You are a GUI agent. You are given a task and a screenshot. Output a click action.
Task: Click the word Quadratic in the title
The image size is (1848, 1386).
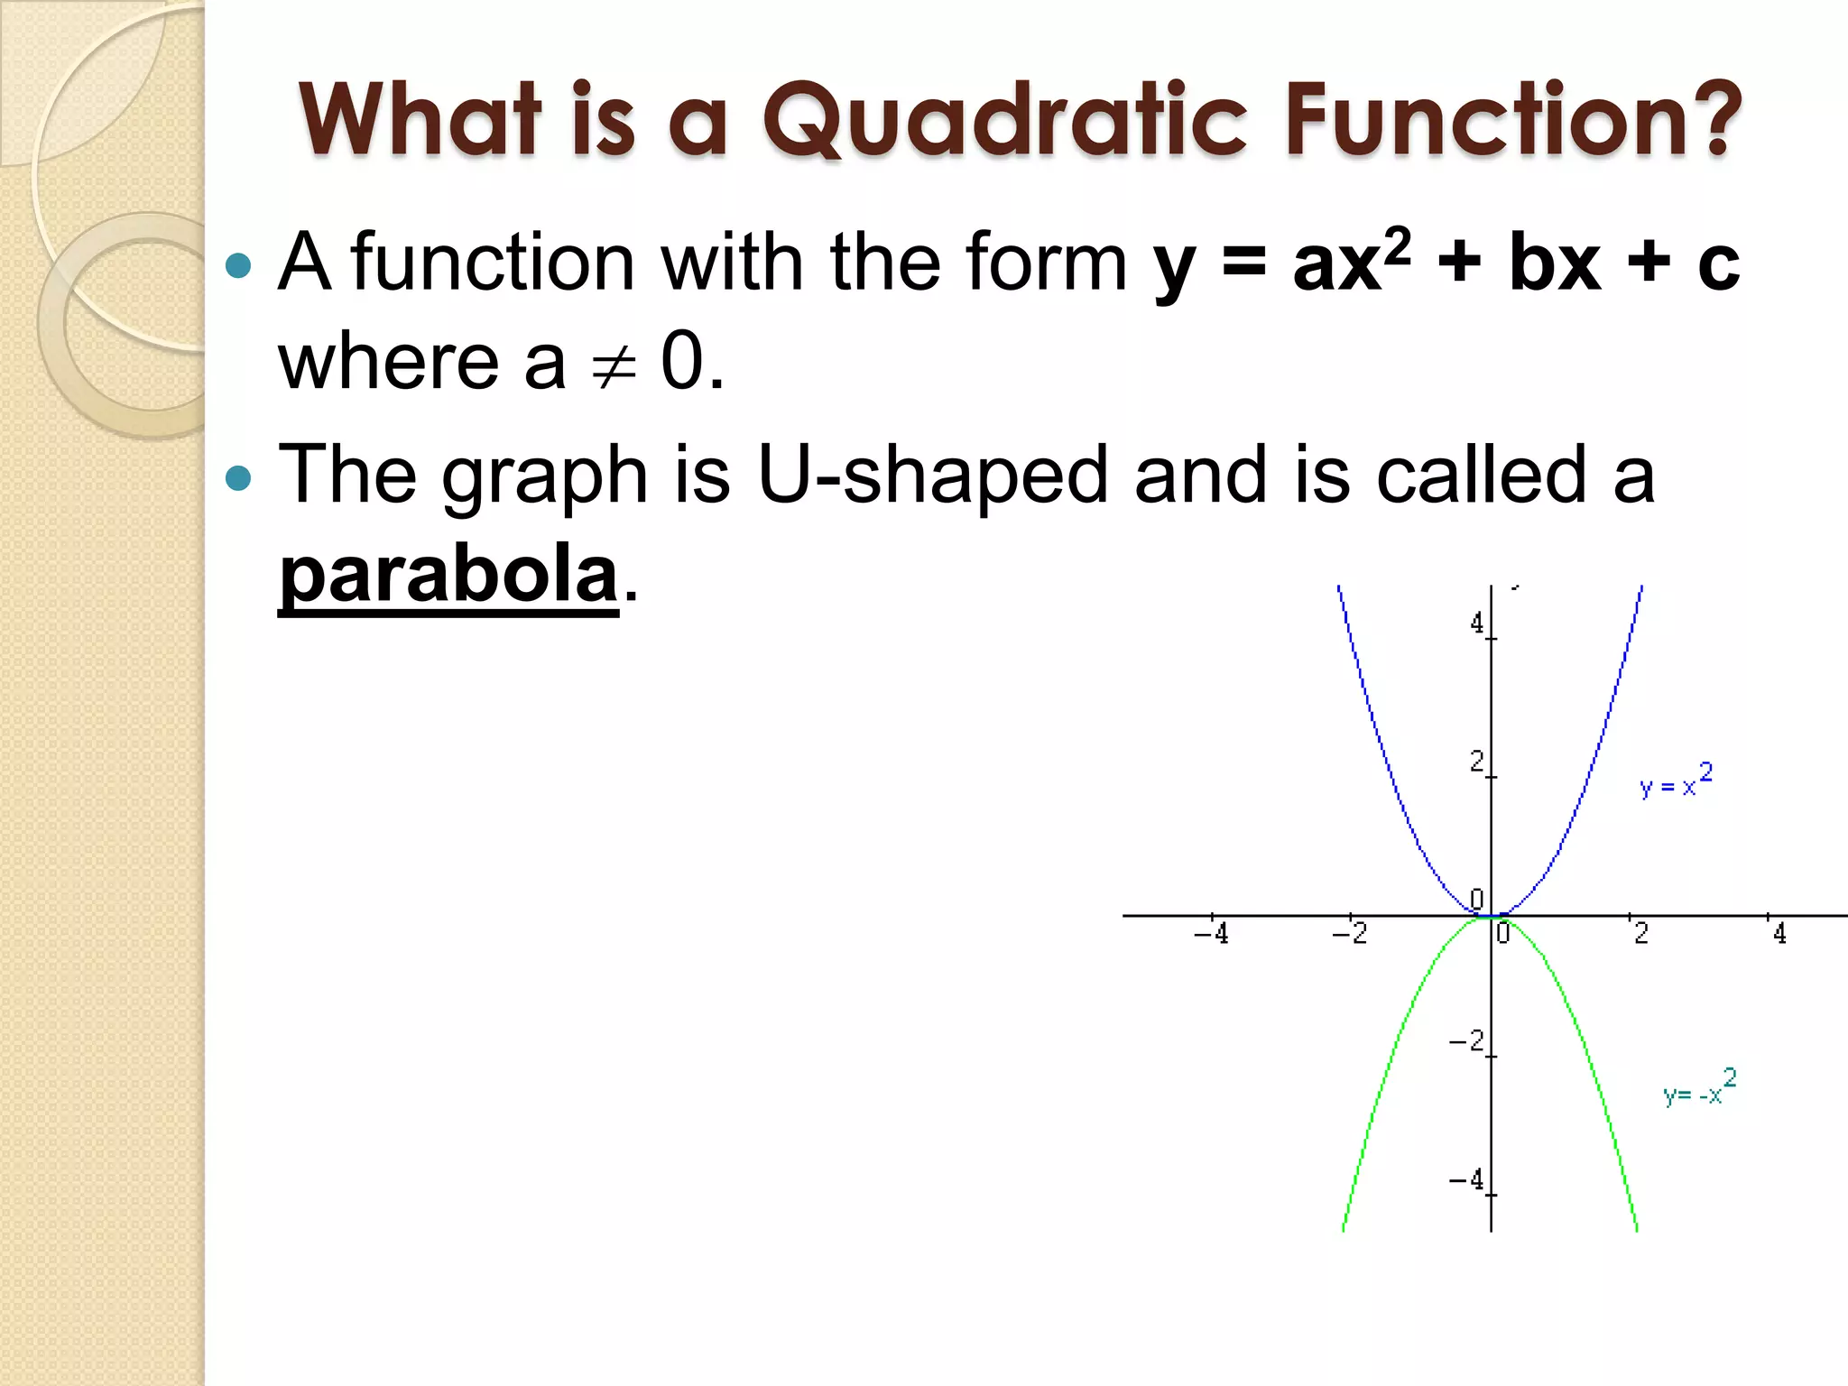pyautogui.click(x=1005, y=121)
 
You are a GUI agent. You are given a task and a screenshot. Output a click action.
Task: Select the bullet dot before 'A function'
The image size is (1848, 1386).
pyautogui.click(x=238, y=264)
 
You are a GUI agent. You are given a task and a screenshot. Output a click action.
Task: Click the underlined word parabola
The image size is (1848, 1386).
pyautogui.click(x=448, y=575)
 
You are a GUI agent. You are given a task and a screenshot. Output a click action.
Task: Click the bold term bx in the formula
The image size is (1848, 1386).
pyautogui.click(x=1555, y=263)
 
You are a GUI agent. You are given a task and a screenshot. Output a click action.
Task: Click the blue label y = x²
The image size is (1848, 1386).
pyautogui.click(x=1676, y=781)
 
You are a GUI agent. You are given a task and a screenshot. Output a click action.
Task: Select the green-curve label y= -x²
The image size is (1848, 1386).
pyautogui.click(x=1699, y=1088)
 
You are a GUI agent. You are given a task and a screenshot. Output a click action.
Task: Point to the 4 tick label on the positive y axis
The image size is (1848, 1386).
pyautogui.click(x=1476, y=623)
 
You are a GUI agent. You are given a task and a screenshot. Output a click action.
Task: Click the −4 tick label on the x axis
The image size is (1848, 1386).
pyautogui.click(x=1211, y=933)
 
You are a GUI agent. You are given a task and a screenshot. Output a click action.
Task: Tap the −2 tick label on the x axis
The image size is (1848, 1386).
pyautogui.click(x=1350, y=933)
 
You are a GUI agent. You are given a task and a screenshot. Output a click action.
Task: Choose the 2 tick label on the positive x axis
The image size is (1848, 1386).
pyautogui.click(x=1640, y=933)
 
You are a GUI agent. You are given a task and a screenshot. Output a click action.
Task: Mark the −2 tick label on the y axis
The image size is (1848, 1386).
pyautogui.click(x=1467, y=1041)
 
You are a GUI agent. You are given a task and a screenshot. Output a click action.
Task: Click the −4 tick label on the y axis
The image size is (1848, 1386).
pyautogui.click(x=1467, y=1179)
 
